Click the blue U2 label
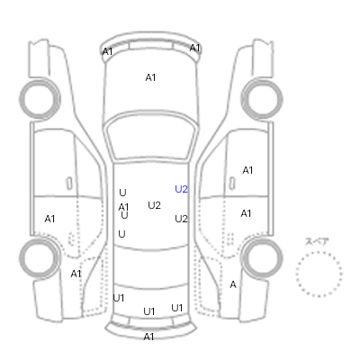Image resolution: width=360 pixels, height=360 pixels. click(181, 189)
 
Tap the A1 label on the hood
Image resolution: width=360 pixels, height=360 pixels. click(150, 77)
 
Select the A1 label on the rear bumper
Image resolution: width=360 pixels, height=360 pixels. click(148, 337)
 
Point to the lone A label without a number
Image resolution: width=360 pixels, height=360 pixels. click(233, 284)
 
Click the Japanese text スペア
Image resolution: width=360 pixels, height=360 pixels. click(317, 241)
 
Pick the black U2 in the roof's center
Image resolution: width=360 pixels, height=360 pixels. click(154, 205)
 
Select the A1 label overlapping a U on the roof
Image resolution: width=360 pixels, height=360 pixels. click(123, 207)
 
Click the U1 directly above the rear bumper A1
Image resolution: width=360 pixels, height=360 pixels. click(149, 311)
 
